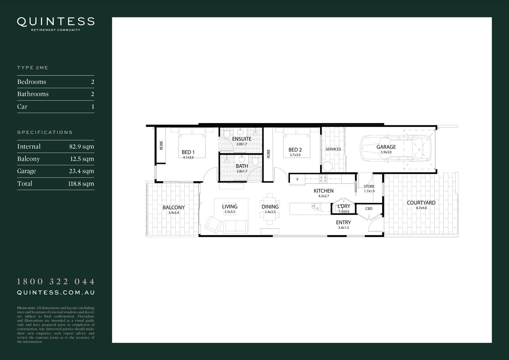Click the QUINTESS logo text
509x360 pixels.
[x=56, y=22]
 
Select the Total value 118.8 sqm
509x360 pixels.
[x=81, y=184]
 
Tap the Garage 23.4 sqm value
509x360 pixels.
[x=82, y=171]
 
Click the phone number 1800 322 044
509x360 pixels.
[x=56, y=282]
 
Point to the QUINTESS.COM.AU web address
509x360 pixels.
[x=56, y=293]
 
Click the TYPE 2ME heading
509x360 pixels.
[x=33, y=68]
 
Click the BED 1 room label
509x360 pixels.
[x=188, y=152]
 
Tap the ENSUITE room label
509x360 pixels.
[x=242, y=139]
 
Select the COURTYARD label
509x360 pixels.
[x=421, y=203]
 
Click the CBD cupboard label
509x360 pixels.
[x=369, y=209]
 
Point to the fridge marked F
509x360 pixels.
[x=297, y=180]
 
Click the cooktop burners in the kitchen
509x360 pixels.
[x=323, y=179]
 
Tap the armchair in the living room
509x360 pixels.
[x=213, y=224]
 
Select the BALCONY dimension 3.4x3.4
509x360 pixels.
[x=174, y=213]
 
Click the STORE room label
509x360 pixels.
[x=369, y=187]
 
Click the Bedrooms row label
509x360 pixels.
[x=32, y=82]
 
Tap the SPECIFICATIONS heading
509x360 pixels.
[x=45, y=132]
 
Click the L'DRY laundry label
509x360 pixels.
[x=344, y=206]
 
